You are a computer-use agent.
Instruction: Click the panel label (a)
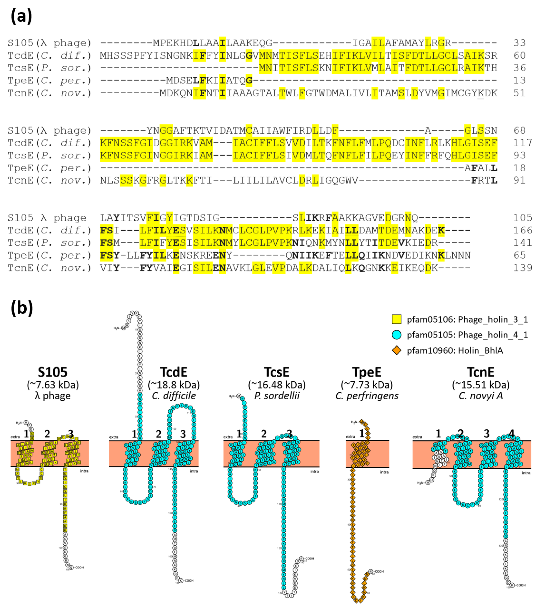21,16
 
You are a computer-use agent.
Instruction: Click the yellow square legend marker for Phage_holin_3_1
397,319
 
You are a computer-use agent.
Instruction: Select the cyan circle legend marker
397,335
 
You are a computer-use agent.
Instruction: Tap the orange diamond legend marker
397,350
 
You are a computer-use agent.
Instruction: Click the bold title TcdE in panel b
174,372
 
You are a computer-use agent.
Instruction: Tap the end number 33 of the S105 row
519,43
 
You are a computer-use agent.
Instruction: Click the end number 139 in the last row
522,268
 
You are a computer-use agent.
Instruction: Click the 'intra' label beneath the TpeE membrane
384,472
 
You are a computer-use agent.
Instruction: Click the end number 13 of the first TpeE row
519,80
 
